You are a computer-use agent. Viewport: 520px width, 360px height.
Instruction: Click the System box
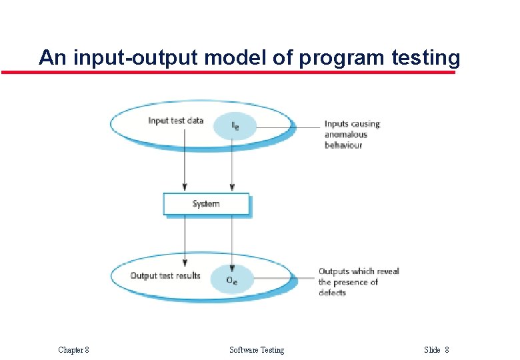(206, 204)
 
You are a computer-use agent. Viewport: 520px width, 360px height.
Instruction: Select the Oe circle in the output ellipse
(231, 280)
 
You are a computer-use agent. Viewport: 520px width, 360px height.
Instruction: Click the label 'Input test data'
(175, 121)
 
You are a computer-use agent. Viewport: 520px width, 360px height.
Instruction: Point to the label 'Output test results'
(165, 275)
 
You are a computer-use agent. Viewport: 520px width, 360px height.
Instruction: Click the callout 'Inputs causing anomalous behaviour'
(351, 134)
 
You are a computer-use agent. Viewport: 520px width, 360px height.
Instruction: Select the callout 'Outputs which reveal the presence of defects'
(359, 281)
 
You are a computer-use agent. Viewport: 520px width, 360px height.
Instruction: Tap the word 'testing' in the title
(426, 58)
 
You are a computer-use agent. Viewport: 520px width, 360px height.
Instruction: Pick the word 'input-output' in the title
(135, 58)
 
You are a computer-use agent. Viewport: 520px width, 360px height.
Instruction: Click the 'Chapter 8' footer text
(73, 350)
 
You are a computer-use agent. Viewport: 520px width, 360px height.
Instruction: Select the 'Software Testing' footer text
(257, 350)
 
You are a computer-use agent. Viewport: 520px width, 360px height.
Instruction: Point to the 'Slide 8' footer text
(437, 350)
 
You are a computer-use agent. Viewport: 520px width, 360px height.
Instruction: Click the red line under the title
(227, 72)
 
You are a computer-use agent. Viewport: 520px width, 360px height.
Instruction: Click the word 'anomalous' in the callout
(346, 135)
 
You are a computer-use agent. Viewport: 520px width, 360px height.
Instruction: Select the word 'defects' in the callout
(332, 292)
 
